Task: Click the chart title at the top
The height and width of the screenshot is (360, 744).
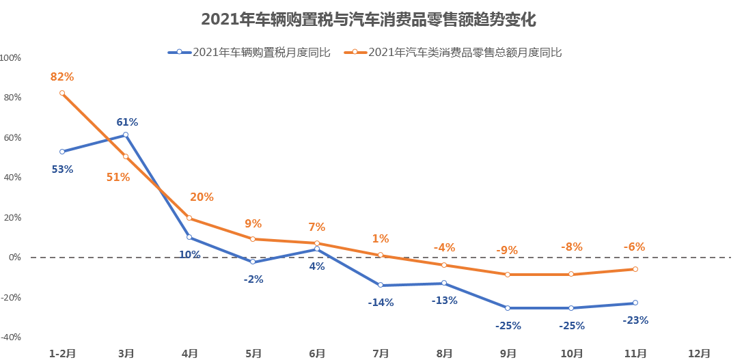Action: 368,20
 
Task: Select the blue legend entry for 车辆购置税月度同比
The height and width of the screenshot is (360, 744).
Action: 249,52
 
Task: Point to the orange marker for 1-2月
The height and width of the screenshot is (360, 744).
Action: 62,93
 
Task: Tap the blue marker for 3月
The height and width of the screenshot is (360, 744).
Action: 126,135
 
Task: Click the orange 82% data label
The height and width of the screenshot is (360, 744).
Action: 62,77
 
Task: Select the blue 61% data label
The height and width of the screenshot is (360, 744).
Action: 127,122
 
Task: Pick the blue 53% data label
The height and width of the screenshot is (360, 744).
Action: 62,169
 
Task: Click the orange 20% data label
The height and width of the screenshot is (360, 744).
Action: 202,197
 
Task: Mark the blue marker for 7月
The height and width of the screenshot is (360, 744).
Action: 381,286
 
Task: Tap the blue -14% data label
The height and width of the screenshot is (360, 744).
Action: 381,302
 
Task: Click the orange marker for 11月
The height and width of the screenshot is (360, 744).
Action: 635,269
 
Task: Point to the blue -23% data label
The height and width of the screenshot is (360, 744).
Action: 635,320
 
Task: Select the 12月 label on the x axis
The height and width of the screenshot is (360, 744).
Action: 699,353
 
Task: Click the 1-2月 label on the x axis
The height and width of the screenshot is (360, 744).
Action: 62,353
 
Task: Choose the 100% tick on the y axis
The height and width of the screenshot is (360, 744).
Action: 11,58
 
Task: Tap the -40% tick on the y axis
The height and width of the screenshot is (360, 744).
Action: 11,337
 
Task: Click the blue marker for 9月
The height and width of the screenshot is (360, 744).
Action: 508,308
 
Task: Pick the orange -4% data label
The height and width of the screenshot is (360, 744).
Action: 444,247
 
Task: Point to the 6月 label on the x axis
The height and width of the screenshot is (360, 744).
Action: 317,353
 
